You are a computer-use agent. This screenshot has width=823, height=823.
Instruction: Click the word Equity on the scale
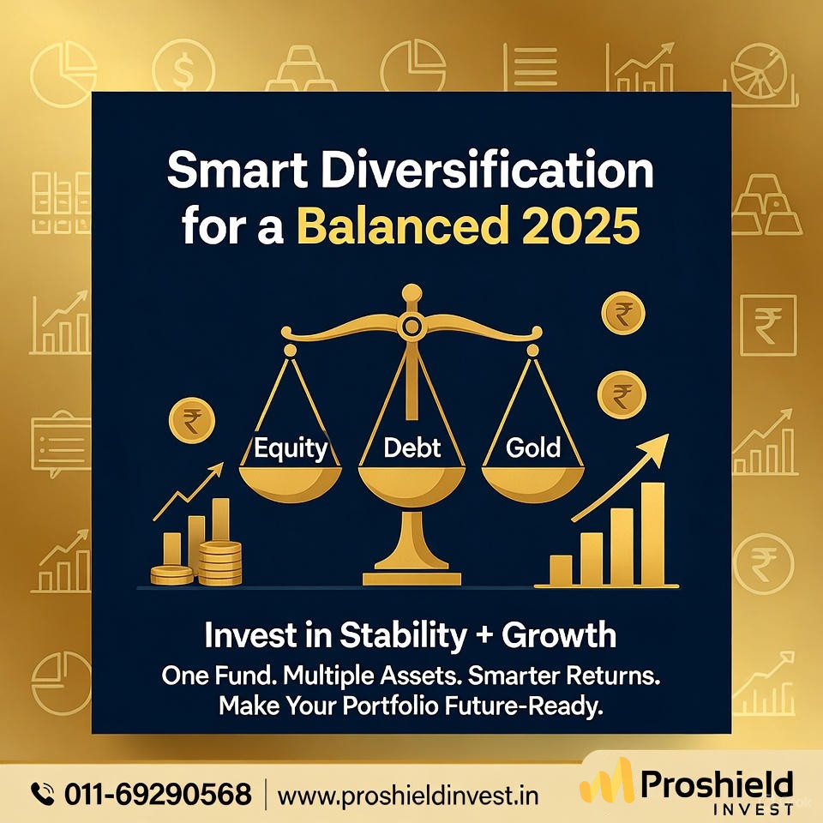pos(290,448)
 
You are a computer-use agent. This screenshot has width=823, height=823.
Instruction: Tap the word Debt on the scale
pos(411,448)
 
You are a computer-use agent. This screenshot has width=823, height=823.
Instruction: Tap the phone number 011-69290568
pos(158,794)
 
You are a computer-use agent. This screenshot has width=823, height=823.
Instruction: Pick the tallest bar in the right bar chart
pos(652,532)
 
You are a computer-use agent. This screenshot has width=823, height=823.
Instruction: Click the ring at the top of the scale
pos(411,326)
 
